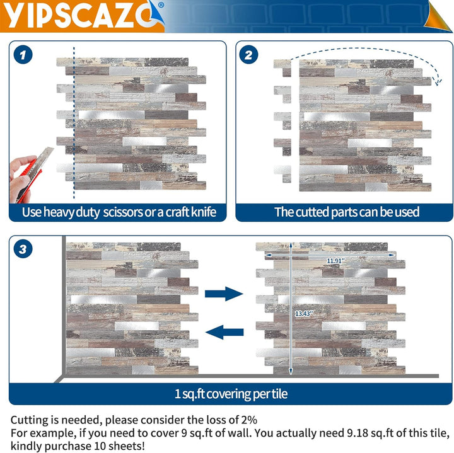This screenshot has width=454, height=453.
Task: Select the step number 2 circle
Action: [x=248, y=55]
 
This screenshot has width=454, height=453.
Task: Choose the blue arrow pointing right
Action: [x=224, y=293]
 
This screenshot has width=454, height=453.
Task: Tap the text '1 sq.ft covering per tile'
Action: [x=231, y=394]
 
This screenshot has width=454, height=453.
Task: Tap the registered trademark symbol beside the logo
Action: [x=161, y=4]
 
